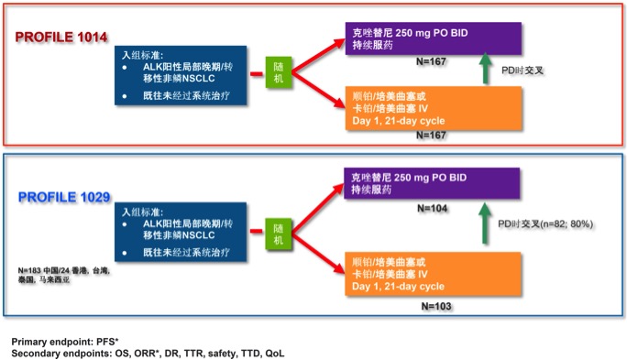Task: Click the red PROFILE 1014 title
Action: (x=62, y=38)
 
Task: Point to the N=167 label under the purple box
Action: (x=430, y=60)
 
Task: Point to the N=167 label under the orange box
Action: (x=430, y=135)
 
